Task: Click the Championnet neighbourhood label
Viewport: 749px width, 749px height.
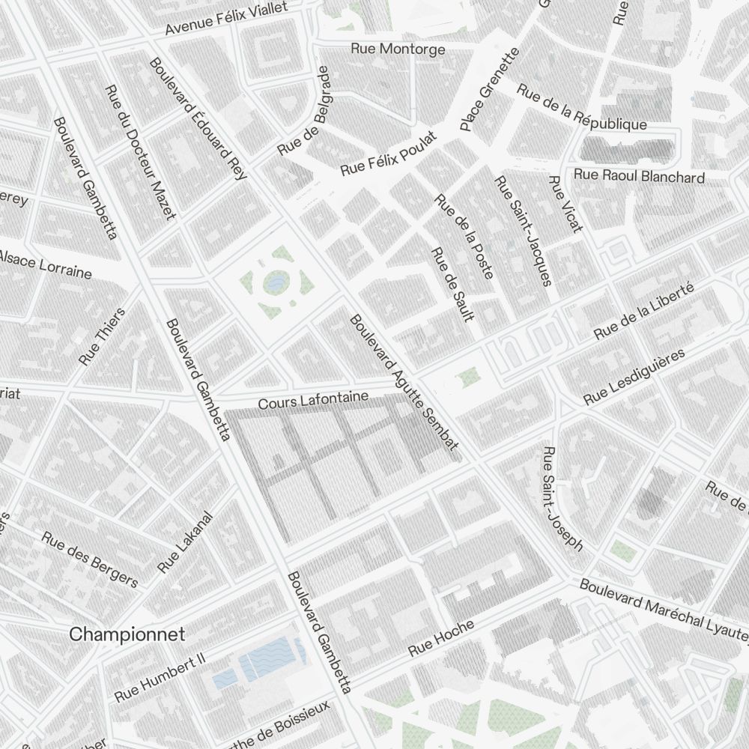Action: (x=127, y=634)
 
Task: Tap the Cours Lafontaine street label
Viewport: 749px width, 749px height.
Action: (x=313, y=400)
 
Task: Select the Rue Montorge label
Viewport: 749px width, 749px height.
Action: (x=398, y=49)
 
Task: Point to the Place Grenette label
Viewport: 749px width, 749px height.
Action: (x=489, y=90)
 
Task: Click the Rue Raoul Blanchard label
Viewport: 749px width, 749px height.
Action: (x=639, y=177)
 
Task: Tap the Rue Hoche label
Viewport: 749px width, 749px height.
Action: (x=441, y=639)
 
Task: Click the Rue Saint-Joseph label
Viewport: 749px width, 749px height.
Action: (x=562, y=499)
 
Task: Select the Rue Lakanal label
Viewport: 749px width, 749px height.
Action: (x=186, y=542)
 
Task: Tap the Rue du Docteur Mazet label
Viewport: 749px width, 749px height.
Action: (x=140, y=153)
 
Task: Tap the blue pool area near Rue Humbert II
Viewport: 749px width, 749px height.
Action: (x=261, y=662)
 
